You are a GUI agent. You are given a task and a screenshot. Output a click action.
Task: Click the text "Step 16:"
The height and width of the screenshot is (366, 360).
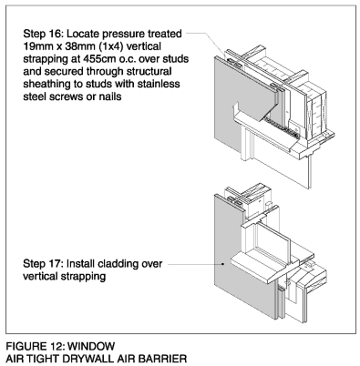coord(43,34)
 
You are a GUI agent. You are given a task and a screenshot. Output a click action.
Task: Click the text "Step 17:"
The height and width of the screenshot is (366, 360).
coord(43,263)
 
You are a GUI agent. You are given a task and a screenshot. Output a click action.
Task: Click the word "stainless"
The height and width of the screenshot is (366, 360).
coord(159,84)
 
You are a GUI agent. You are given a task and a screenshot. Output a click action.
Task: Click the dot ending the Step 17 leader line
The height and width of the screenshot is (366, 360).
coord(223,264)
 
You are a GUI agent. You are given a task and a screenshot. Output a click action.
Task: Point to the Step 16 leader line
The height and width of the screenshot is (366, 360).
coord(209,45)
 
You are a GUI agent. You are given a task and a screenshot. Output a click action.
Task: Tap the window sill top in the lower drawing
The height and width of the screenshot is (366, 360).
coord(259,263)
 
